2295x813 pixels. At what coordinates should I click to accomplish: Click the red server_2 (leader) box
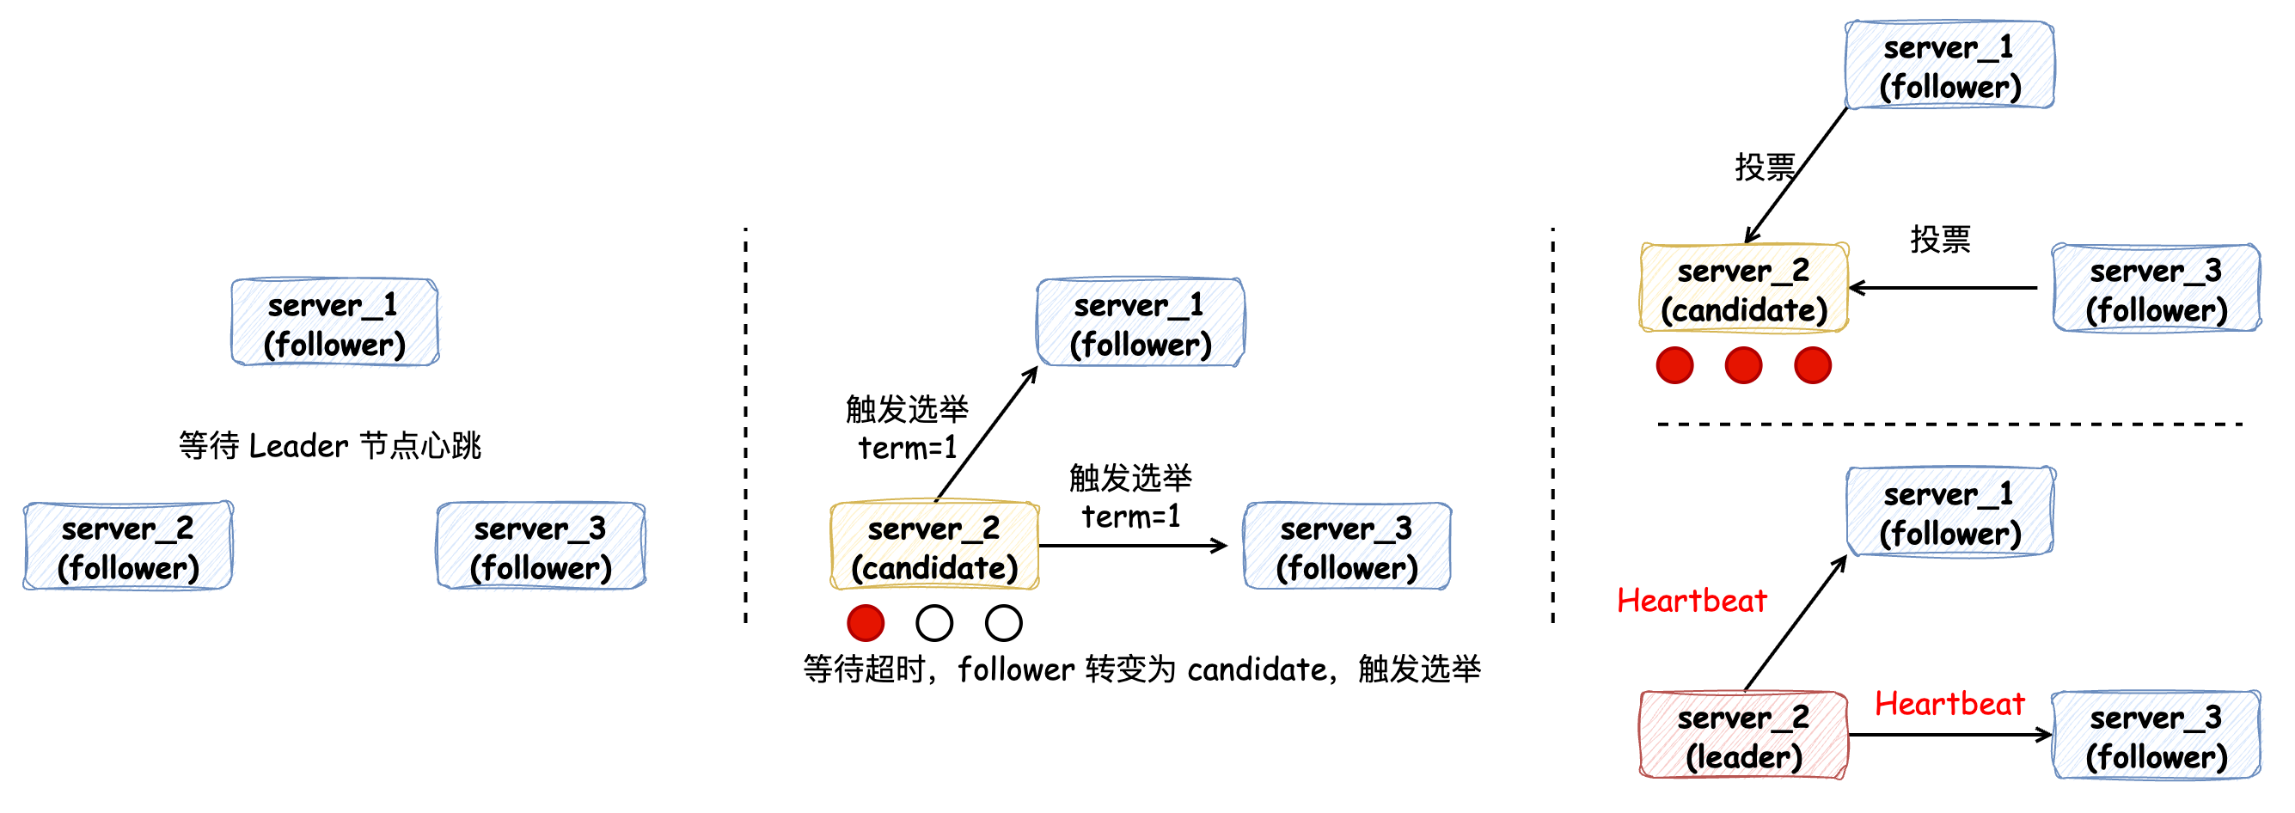1742,736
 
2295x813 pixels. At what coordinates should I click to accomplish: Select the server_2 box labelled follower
127,546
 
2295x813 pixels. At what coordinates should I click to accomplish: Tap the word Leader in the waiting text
298,445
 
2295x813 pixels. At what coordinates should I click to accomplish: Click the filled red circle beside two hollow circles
865,622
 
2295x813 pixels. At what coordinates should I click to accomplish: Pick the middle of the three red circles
1742,365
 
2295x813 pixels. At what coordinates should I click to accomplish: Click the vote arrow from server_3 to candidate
1943,288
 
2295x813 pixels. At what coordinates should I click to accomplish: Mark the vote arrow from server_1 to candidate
1796,175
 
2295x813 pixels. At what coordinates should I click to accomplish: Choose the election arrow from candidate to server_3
1131,546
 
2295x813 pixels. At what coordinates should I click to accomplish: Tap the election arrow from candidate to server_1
986,434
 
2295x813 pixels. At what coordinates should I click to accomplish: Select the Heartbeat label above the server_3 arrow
1949,704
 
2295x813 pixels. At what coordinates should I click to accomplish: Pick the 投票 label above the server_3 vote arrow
1939,239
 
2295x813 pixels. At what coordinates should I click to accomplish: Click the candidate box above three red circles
1742,289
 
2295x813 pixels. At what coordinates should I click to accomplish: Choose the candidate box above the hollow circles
933,546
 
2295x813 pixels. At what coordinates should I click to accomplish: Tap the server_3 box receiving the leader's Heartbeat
2155,736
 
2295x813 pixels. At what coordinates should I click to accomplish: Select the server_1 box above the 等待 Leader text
334,322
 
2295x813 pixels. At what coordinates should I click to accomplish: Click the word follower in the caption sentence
1016,669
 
